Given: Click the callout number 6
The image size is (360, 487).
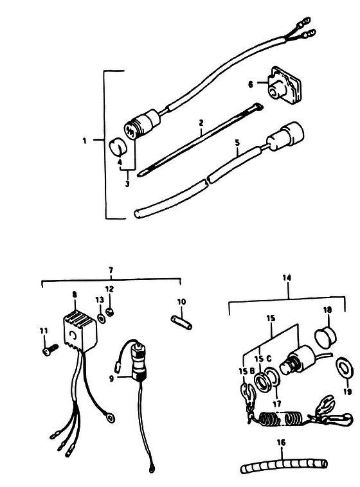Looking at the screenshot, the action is click(251, 84).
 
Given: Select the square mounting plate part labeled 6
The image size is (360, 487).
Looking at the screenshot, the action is click(283, 85).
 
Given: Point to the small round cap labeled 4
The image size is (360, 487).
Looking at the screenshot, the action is click(117, 146).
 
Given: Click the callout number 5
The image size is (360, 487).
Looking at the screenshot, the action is click(237, 143).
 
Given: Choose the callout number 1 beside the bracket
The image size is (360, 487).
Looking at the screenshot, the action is click(85, 141).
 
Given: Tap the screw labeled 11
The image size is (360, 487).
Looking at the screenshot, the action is click(50, 349).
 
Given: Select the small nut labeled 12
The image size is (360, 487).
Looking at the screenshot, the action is click(109, 312).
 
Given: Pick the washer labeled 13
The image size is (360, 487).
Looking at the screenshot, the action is click(101, 318).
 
